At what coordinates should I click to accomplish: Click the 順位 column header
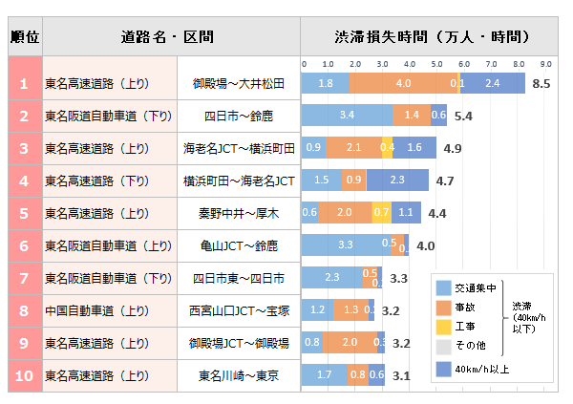[x=25, y=37]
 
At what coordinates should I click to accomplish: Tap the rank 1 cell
[x=25, y=83]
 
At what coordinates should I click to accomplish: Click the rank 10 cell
[x=25, y=375]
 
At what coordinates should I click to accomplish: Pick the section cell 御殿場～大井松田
[x=238, y=83]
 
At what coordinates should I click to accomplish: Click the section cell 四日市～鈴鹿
[x=238, y=116]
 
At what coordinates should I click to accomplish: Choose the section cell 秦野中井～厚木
[x=238, y=213]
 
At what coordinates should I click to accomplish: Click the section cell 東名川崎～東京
[x=238, y=375]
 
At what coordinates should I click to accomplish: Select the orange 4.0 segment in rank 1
[x=403, y=83]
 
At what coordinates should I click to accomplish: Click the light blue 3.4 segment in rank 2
[x=347, y=116]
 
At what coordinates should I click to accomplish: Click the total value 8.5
[x=541, y=84]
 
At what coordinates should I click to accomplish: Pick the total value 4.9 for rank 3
[x=453, y=149]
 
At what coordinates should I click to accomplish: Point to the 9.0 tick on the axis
[x=546, y=64]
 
